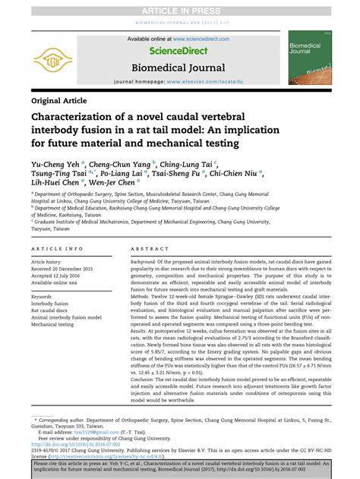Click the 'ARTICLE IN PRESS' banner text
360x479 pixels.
click(x=179, y=10)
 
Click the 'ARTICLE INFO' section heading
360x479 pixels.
click(x=58, y=249)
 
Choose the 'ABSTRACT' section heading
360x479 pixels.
click(x=150, y=249)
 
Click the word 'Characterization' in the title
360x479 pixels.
click(x=83, y=118)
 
